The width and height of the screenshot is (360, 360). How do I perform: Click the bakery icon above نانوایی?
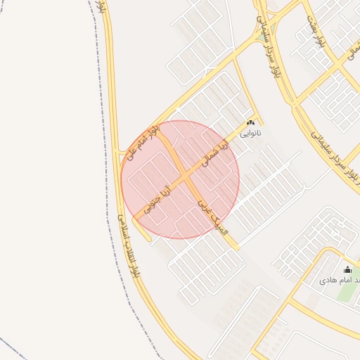[x=250, y=123]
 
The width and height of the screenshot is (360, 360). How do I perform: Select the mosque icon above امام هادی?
[x=347, y=270]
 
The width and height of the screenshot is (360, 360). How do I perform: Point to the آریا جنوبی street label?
[x=157, y=199]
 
